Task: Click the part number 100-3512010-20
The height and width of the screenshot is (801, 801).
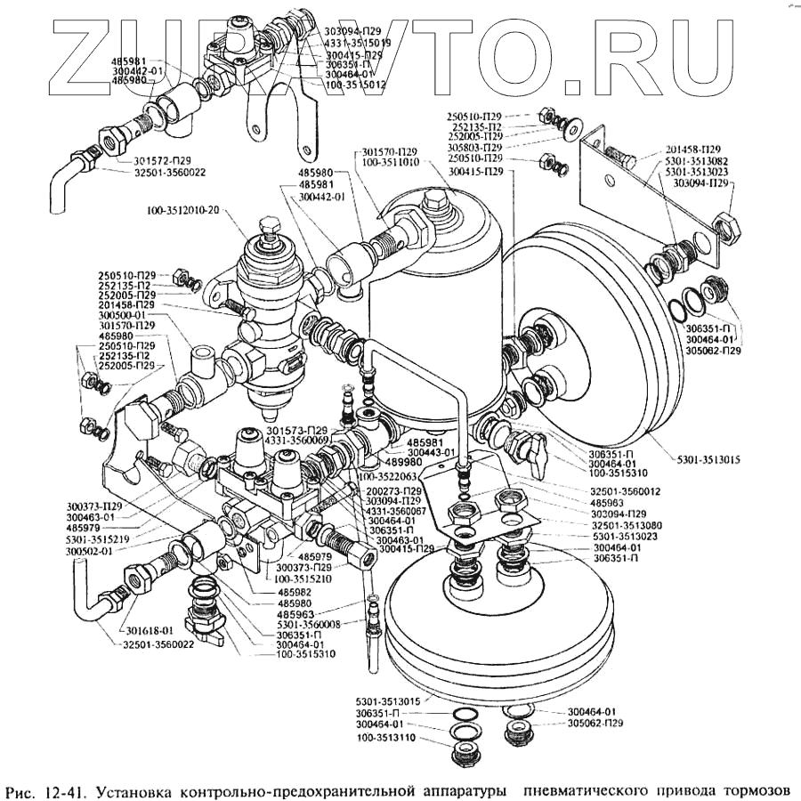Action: point(185,211)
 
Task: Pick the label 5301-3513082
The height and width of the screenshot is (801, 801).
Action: point(692,160)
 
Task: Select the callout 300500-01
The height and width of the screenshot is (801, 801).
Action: point(126,314)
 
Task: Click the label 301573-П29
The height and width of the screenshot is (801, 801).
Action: point(299,430)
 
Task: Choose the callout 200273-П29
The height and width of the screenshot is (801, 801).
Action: point(392,490)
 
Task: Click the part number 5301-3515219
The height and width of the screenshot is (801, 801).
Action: point(97,539)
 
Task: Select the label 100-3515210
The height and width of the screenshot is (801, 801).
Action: point(306,578)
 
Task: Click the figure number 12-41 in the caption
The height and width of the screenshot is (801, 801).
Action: point(61,789)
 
